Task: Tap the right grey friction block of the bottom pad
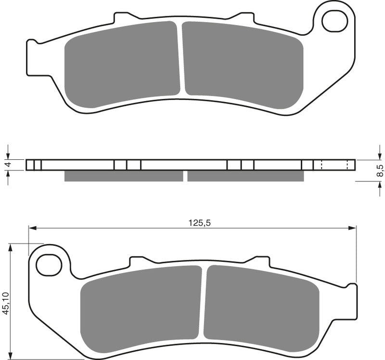point(261,306)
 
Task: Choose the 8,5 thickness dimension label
point(380,170)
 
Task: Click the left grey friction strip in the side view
point(123,176)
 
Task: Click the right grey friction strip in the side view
point(245,176)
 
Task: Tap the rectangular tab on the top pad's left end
point(32,58)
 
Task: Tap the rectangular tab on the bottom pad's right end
point(352,301)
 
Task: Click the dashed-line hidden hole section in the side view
point(334,165)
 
